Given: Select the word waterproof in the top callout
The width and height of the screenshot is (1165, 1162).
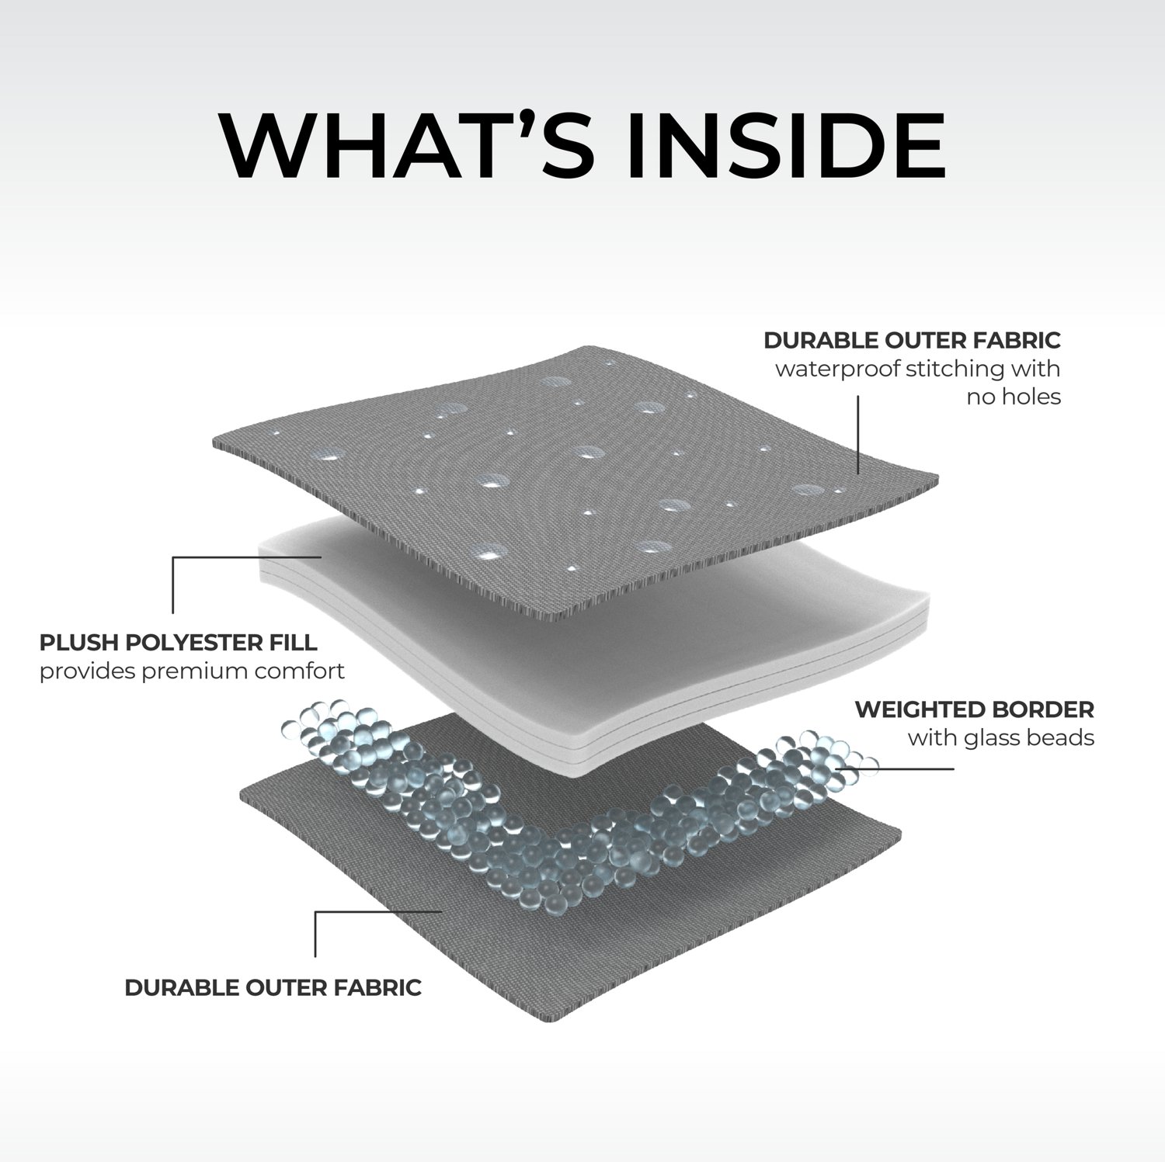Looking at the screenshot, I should (836, 369).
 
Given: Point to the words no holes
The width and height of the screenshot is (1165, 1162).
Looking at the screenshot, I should (1014, 397).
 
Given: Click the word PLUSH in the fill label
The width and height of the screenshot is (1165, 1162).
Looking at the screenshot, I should (78, 643).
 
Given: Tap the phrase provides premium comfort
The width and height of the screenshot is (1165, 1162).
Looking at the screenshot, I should (192, 671).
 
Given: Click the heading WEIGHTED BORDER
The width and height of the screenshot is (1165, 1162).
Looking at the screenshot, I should (974, 709).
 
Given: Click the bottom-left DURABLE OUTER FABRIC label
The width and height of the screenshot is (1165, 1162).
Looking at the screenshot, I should (273, 987).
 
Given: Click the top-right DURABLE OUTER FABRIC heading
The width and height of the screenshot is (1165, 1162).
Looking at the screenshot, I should (912, 340).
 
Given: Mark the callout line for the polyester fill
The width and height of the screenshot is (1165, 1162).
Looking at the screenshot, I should (173, 582).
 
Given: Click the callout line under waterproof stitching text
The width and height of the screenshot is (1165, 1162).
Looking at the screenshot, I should (858, 435).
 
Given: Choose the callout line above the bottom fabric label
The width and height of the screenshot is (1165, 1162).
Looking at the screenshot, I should (315, 931).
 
